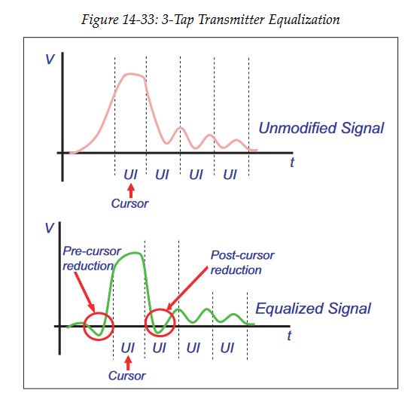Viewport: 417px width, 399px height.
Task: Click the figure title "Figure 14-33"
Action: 120,20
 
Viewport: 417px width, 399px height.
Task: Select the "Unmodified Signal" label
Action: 321,128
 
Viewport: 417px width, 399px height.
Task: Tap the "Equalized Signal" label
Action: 313,309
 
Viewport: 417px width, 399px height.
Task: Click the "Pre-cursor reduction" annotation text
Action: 92,258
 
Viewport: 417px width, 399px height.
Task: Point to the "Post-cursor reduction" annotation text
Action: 242,263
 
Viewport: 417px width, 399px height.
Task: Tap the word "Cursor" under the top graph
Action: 129,204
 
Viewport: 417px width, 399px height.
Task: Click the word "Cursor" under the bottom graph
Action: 127,376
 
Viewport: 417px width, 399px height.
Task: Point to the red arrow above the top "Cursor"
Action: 130,191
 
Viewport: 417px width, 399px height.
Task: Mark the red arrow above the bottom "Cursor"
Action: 128,363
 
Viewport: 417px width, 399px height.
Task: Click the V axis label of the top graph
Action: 50,59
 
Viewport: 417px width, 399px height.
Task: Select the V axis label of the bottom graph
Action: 50,229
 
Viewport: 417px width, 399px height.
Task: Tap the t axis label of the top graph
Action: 292,163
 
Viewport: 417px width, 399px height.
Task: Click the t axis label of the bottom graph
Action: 289,336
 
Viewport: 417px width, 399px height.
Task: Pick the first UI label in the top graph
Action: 130,175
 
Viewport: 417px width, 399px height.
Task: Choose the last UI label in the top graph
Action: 230,175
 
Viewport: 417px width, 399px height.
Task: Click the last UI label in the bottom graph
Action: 227,348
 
